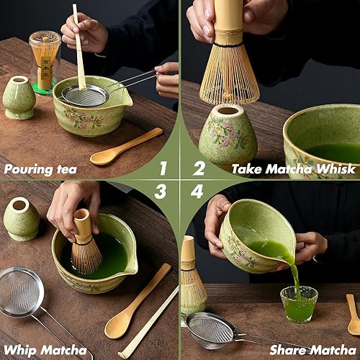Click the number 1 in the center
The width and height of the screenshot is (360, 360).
(163, 168)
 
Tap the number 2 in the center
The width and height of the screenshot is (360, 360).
(199, 168)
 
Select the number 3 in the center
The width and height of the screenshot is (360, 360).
(161, 192)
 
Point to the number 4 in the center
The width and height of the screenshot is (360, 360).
(197, 192)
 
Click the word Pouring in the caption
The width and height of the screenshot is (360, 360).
(28, 170)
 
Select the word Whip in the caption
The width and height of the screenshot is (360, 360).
(19, 351)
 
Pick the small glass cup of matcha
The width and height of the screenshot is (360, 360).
(299, 305)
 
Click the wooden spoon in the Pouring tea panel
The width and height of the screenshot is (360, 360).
(126, 146)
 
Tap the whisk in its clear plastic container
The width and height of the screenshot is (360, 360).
(45, 62)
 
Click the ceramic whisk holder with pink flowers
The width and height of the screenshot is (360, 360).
(228, 136)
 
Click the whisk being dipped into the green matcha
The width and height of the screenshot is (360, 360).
(86, 242)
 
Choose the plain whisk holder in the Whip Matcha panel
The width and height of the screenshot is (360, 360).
(21, 219)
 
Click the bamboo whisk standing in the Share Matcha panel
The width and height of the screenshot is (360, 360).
(192, 276)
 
